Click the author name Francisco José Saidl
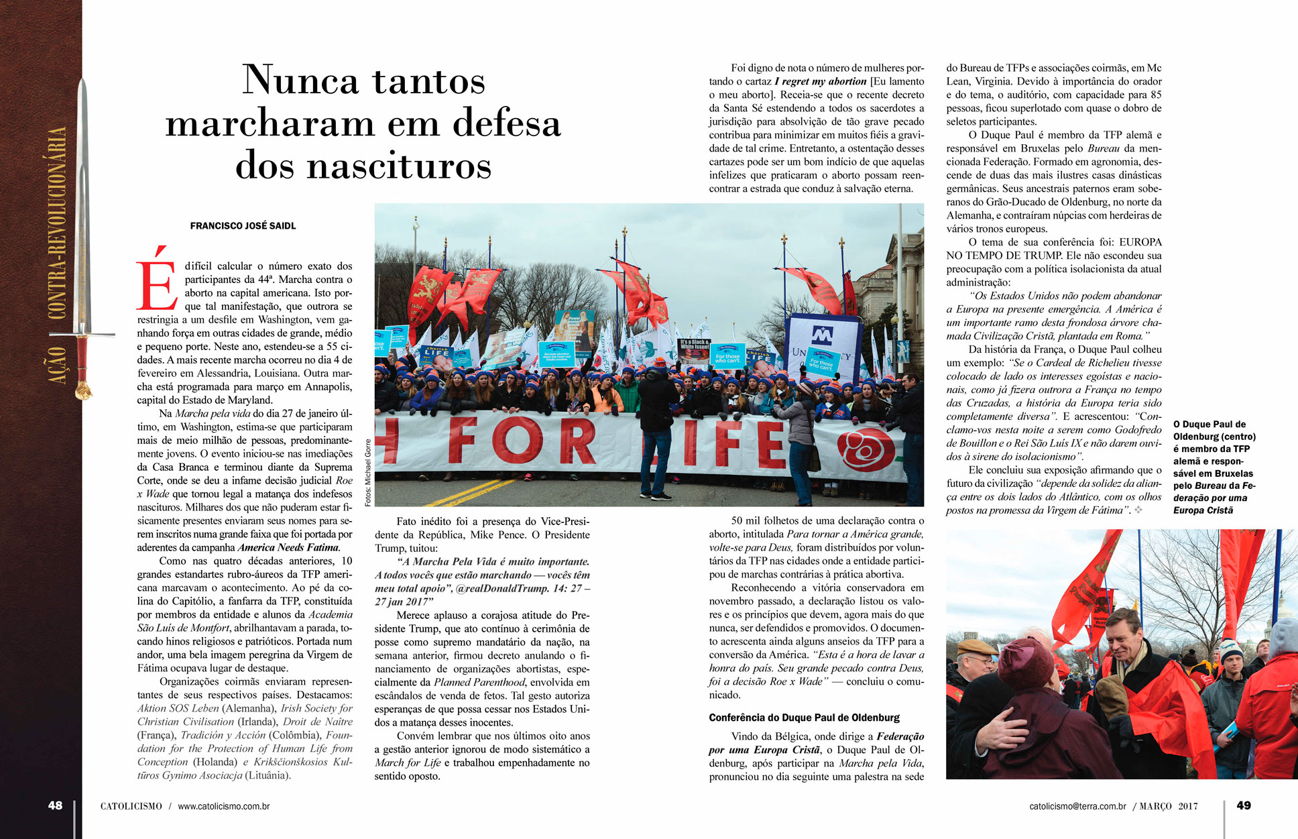tap(243, 226)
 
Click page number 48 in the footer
tap(55, 805)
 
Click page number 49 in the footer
tap(1243, 805)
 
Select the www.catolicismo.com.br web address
tap(224, 806)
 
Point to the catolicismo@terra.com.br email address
tap(1077, 806)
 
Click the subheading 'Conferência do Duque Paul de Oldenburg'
tap(804, 718)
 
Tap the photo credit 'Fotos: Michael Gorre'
tap(367, 473)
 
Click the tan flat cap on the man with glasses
tap(976, 647)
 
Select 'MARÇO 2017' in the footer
tap(1169, 806)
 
